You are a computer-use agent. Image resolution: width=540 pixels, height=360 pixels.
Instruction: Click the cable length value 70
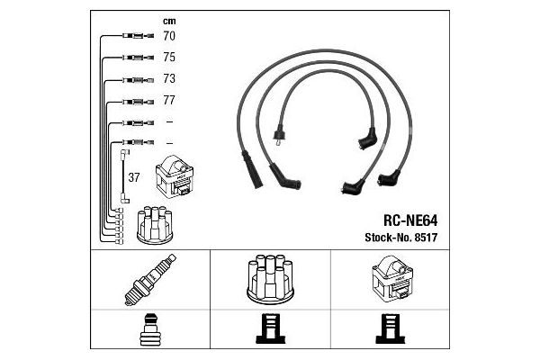(168, 38)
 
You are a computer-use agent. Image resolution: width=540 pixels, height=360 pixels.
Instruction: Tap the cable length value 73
(168, 79)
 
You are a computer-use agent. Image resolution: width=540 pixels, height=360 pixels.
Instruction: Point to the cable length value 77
(168, 101)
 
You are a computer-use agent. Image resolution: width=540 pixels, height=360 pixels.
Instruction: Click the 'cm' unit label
(168, 20)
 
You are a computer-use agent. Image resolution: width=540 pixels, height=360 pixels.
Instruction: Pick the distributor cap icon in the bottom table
(269, 280)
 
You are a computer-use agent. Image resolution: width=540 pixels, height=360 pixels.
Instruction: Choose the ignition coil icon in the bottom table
(390, 280)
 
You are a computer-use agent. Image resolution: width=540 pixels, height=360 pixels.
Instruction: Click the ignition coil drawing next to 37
(175, 178)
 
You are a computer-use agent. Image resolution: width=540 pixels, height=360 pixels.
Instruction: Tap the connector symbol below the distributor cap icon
(269, 329)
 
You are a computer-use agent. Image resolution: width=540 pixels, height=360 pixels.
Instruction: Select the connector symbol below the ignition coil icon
(390, 329)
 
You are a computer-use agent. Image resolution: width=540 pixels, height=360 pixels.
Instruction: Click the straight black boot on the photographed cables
(252, 168)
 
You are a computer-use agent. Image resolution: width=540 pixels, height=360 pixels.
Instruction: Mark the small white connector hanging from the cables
(278, 137)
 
